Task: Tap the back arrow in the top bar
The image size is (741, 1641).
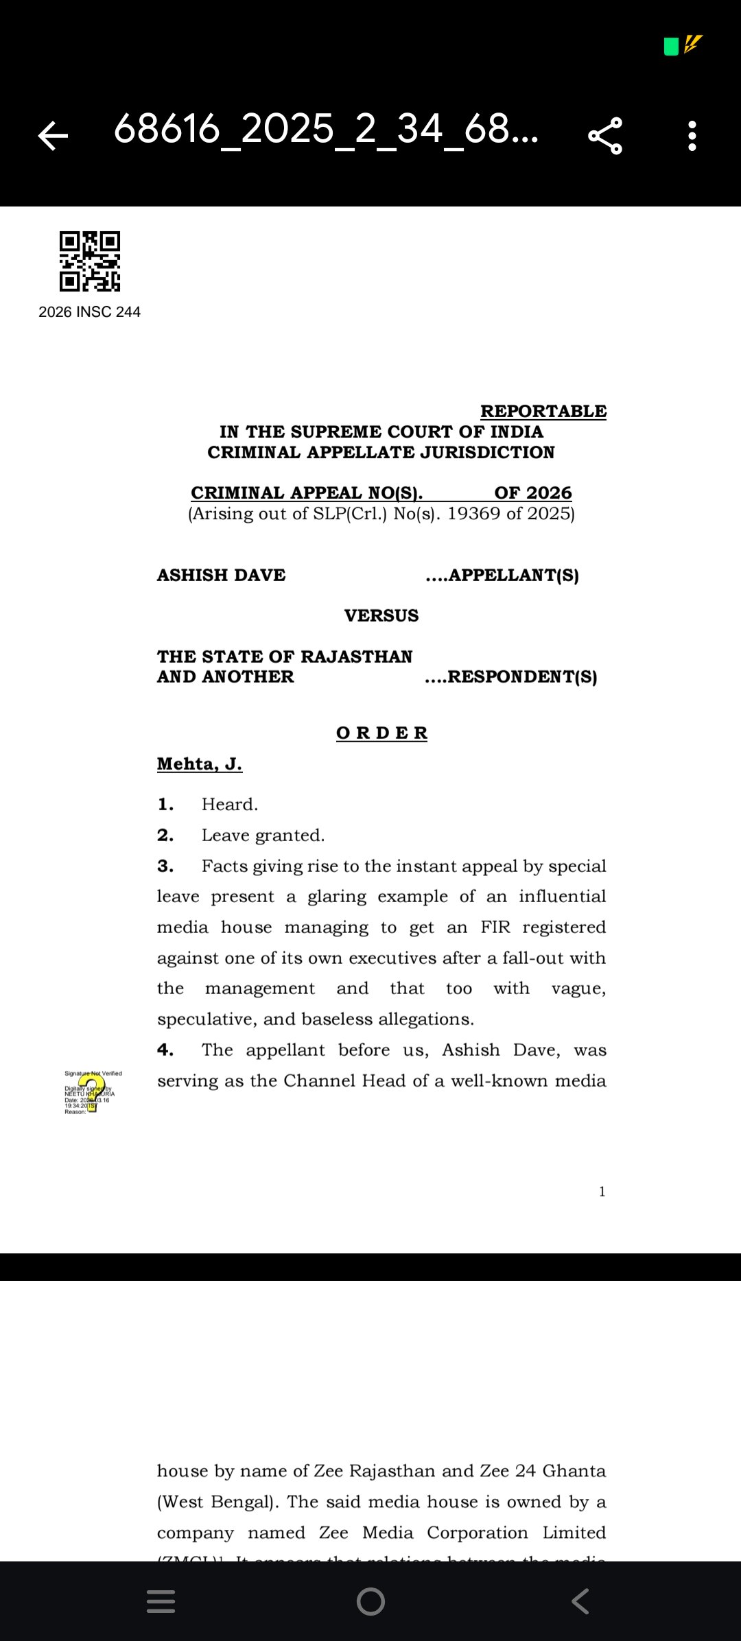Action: tap(53, 135)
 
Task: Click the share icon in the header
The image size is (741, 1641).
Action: tap(605, 136)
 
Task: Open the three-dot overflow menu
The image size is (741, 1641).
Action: tap(692, 136)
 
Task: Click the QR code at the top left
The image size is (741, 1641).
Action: tap(90, 261)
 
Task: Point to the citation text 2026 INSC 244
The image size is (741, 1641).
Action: tap(89, 312)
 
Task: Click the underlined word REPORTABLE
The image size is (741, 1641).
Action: tap(543, 411)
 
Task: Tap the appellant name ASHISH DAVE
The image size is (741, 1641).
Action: tap(221, 575)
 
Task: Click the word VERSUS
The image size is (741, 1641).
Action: tap(381, 615)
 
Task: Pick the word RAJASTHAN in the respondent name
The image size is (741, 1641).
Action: tap(357, 657)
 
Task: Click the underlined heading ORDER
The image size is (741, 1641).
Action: tap(381, 733)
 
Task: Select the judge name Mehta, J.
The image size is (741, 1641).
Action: tap(200, 764)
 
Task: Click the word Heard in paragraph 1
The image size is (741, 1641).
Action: tap(229, 804)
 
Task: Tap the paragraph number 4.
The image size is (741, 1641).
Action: tap(165, 1050)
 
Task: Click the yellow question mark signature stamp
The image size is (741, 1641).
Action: tap(92, 1092)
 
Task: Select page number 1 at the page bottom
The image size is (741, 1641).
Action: tap(602, 1192)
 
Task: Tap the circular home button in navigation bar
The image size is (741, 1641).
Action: tap(370, 1601)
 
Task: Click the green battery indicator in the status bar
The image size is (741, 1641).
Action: tap(671, 47)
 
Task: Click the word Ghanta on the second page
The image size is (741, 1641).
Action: tap(574, 1471)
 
